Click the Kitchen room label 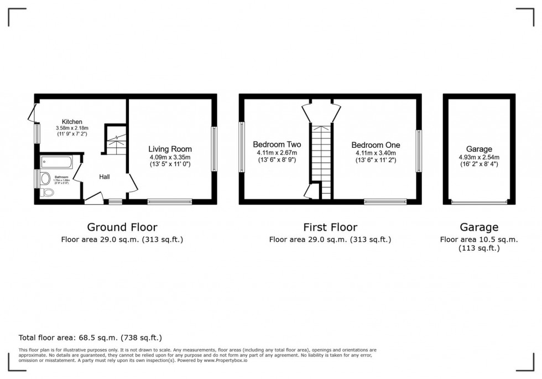tap(72, 122)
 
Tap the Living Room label tap(170, 149)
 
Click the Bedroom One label tap(376, 145)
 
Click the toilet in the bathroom tap(48, 193)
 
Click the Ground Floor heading tap(122, 227)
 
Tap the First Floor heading tap(330, 227)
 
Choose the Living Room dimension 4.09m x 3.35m tap(170, 157)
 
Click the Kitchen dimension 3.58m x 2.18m tap(72, 129)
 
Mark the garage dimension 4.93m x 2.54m tap(479, 157)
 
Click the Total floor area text tap(90, 337)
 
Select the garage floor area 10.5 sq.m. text tap(479, 240)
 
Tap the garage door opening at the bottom tap(479, 203)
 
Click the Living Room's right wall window tap(214, 149)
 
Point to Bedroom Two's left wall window tap(242, 147)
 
